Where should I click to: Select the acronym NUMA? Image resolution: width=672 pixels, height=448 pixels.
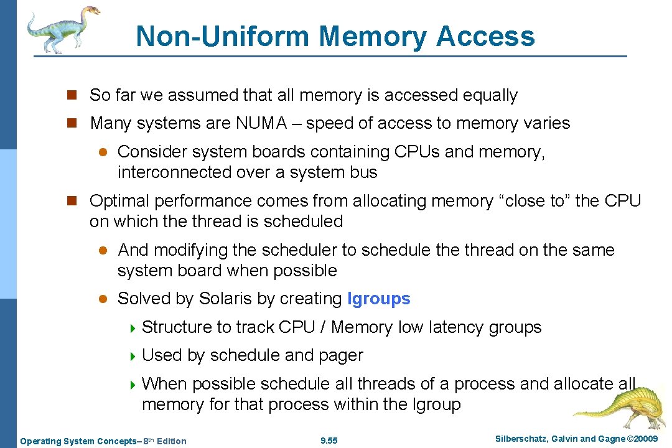tap(261, 123)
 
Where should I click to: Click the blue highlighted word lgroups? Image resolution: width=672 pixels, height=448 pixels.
tap(379, 299)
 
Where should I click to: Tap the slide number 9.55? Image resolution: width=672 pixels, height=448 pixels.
tap(329, 441)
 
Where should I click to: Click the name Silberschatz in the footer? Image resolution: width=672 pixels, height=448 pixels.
tap(521, 439)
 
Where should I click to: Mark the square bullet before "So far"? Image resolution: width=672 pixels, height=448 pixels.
tap(72, 95)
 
